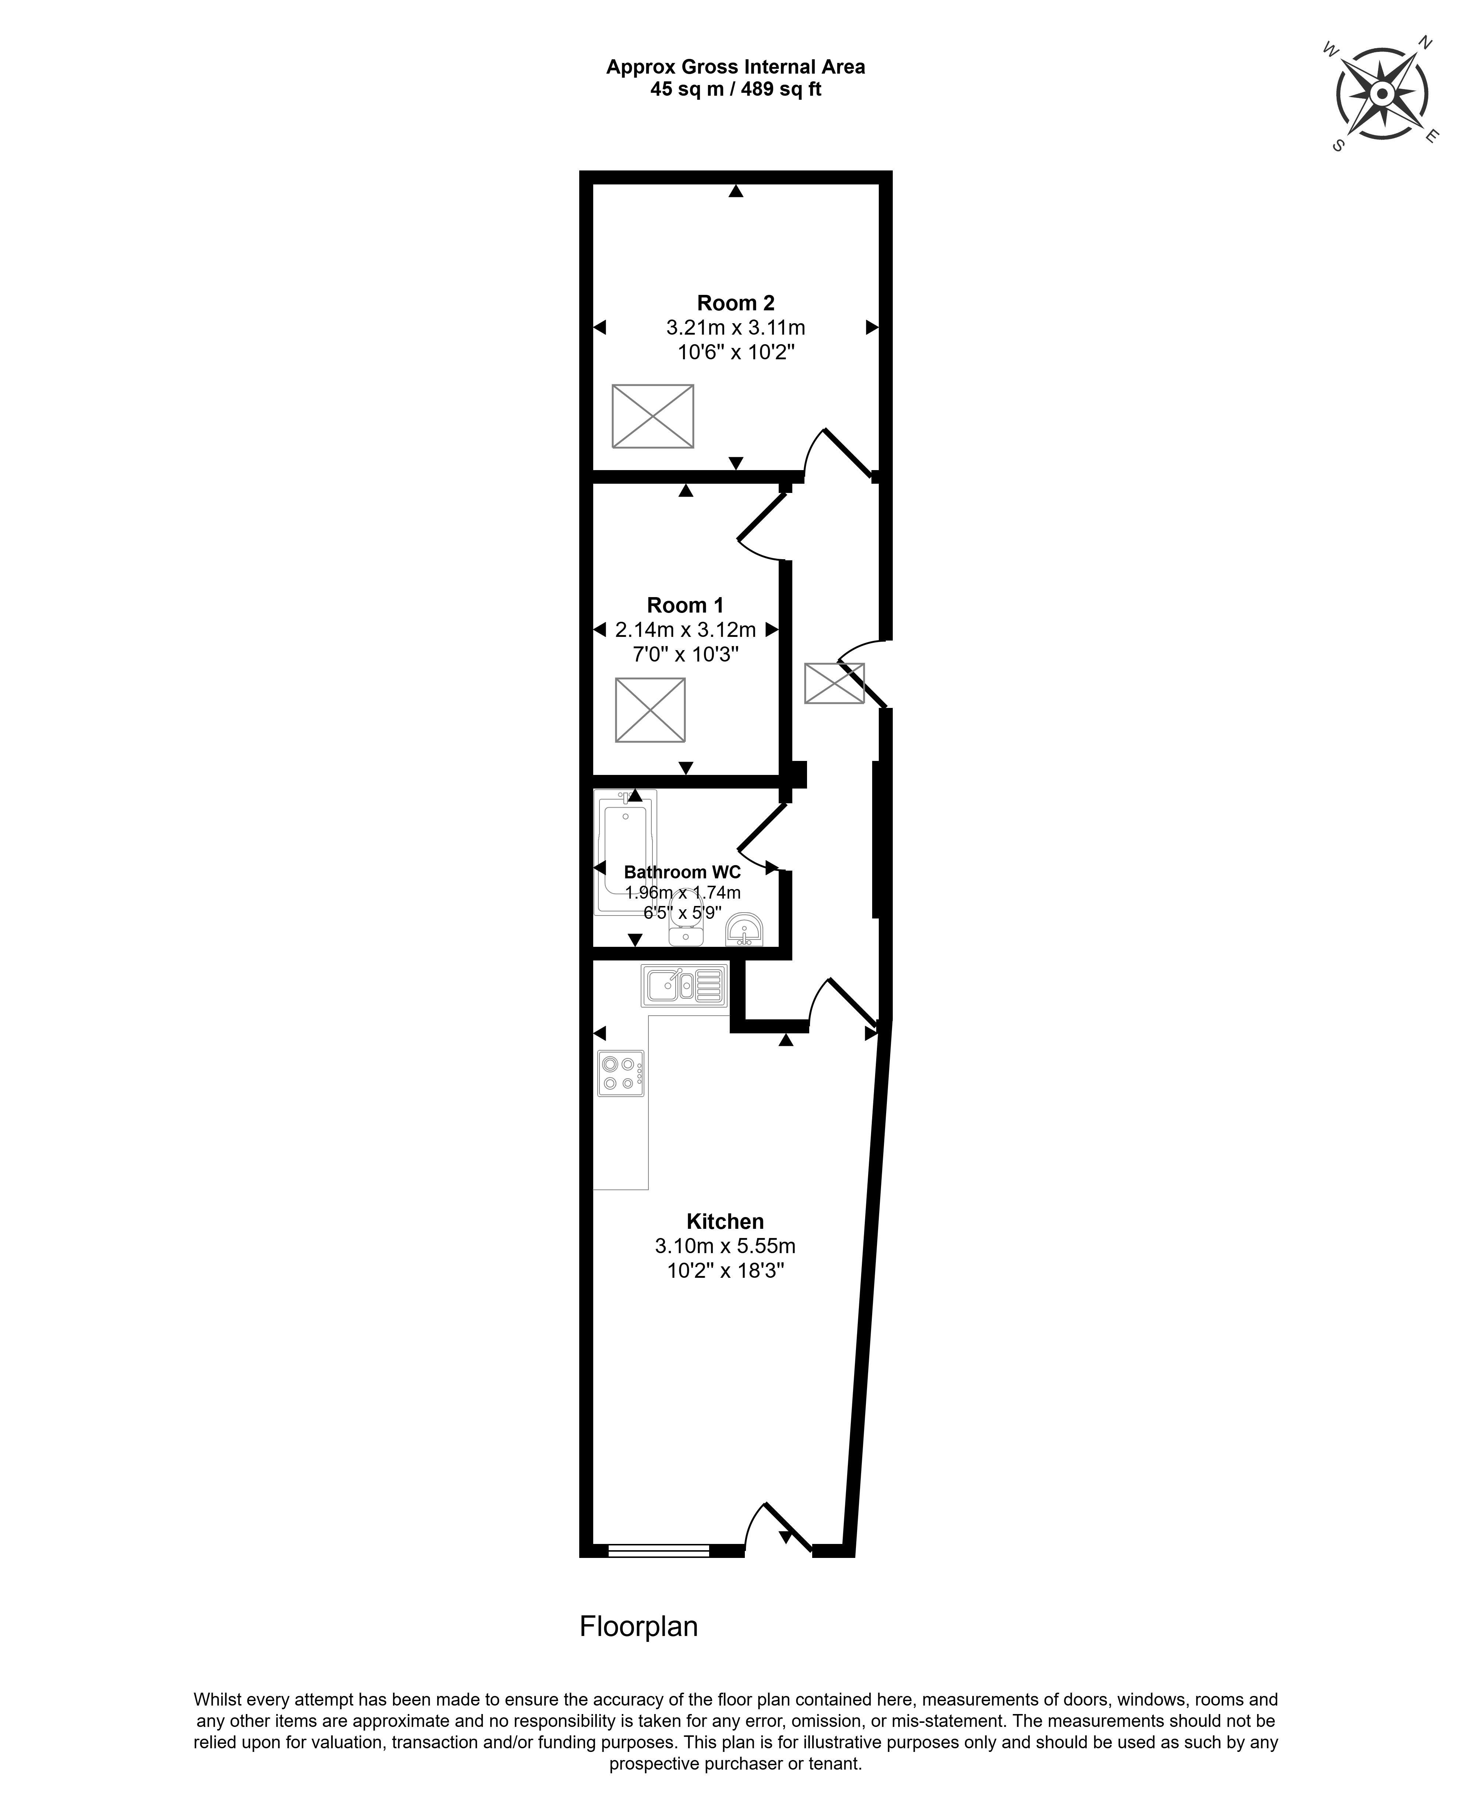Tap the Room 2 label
[x=735, y=303]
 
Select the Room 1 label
[x=685, y=606]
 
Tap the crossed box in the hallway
[x=834, y=683]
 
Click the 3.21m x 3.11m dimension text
[x=735, y=327]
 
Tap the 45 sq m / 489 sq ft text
[x=735, y=89]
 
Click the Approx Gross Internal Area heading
[x=735, y=67]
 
